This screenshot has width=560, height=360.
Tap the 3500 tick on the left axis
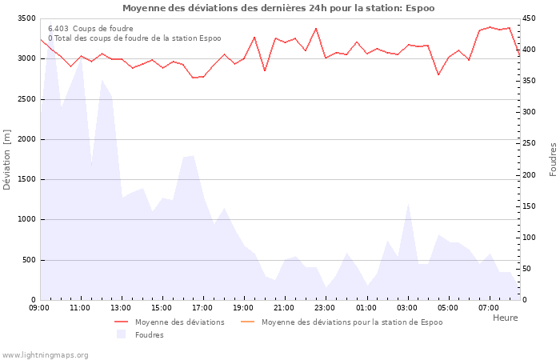click(26, 18)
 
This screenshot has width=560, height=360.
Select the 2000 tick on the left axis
click(26, 139)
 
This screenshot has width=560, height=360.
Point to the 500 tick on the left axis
click(28, 260)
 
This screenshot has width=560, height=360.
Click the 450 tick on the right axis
click(530, 18)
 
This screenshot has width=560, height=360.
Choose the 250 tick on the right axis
click(530, 144)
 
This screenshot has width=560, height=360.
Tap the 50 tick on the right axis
click(528, 269)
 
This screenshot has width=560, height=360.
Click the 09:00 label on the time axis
click(39, 307)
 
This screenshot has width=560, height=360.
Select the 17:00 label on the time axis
click(202, 307)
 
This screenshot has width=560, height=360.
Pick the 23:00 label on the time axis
click(325, 307)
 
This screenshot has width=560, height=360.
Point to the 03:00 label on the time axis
click(406, 307)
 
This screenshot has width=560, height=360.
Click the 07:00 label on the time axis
click(488, 307)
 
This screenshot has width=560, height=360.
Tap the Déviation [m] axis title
click(8, 159)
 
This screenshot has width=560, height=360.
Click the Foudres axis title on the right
click(553, 159)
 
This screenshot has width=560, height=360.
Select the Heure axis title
click(505, 318)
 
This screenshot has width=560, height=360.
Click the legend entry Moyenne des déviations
click(179, 322)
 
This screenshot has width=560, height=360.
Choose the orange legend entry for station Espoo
click(351, 322)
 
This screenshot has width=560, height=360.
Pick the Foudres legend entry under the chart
click(149, 334)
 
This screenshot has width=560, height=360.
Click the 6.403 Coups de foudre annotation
click(90, 29)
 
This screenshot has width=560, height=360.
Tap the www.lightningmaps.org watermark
click(46, 354)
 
